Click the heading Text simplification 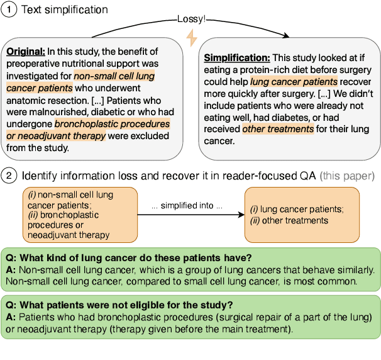[65, 10]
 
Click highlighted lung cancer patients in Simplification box [294, 81]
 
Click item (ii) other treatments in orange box [289, 220]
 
